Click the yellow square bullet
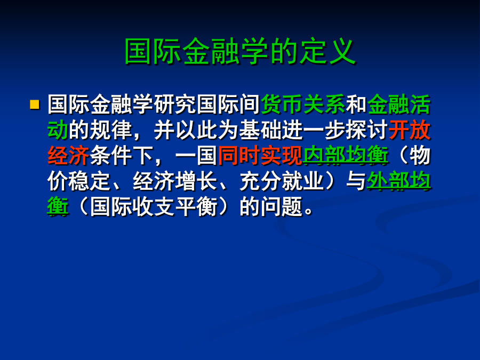click(x=35, y=105)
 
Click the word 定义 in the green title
click(x=327, y=51)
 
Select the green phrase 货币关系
click(x=303, y=105)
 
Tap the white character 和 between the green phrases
click(x=356, y=105)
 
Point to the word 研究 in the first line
click(x=175, y=105)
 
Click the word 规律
click(x=111, y=130)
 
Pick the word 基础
click(x=260, y=130)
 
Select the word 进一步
click(x=314, y=130)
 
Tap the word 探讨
click(x=367, y=130)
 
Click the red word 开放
click(x=410, y=130)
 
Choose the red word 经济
click(x=68, y=156)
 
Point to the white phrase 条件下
click(x=122, y=156)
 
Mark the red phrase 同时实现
click(x=260, y=156)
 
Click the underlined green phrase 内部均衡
click(x=346, y=156)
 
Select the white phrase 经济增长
click(x=175, y=181)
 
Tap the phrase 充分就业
click(x=282, y=181)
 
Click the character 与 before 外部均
click(x=356, y=181)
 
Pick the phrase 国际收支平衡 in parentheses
click(x=154, y=206)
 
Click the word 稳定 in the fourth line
click(x=90, y=181)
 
